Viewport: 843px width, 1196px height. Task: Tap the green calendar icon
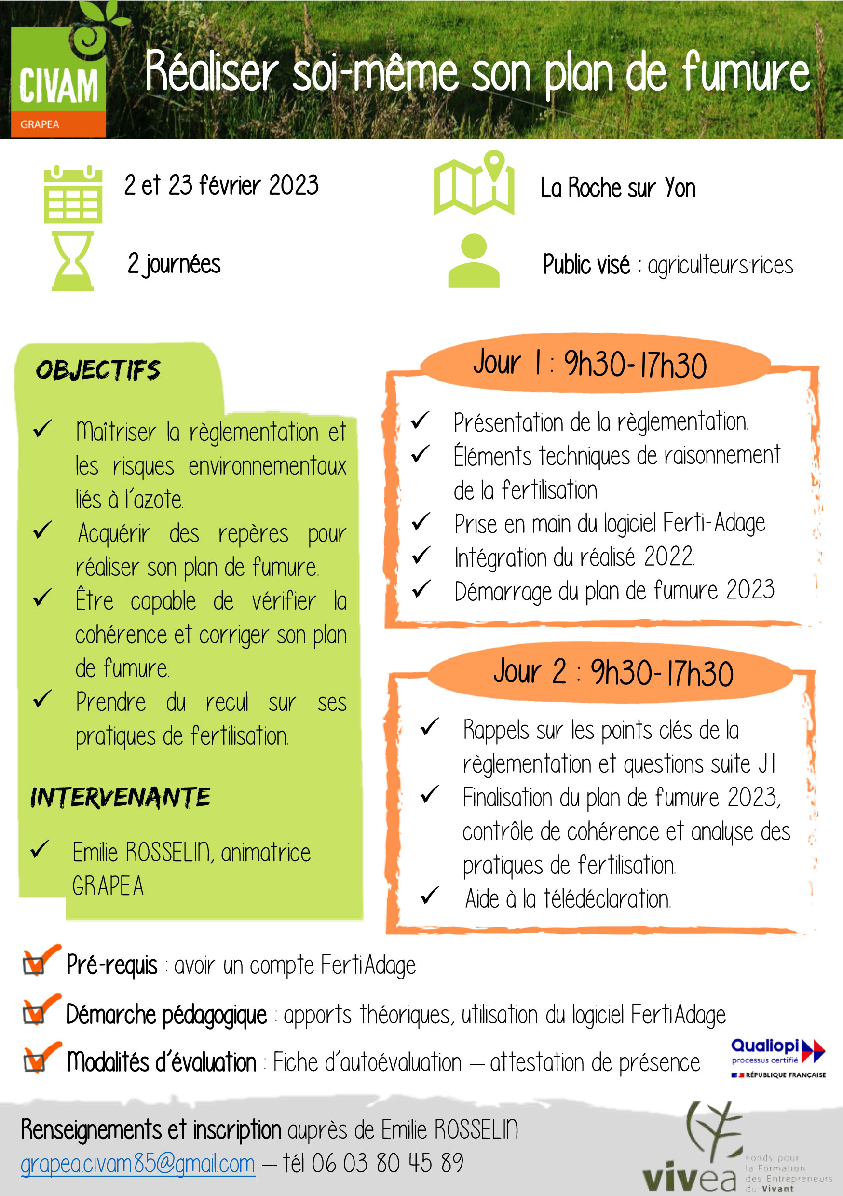pyautogui.click(x=73, y=195)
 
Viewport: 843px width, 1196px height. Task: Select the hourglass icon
pyautogui.click(x=72, y=261)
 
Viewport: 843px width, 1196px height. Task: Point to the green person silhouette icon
pyautogui.click(x=474, y=261)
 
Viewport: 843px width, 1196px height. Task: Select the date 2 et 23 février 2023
pyautogui.click(x=221, y=185)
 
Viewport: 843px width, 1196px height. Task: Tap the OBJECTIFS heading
pyautogui.click(x=98, y=370)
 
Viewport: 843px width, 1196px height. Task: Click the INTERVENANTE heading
pyautogui.click(x=121, y=798)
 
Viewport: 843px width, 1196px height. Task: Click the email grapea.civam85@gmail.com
pyautogui.click(x=138, y=1164)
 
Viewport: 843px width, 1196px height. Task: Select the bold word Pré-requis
pyautogui.click(x=112, y=965)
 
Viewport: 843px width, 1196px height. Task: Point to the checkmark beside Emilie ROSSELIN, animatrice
pyautogui.click(x=40, y=850)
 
